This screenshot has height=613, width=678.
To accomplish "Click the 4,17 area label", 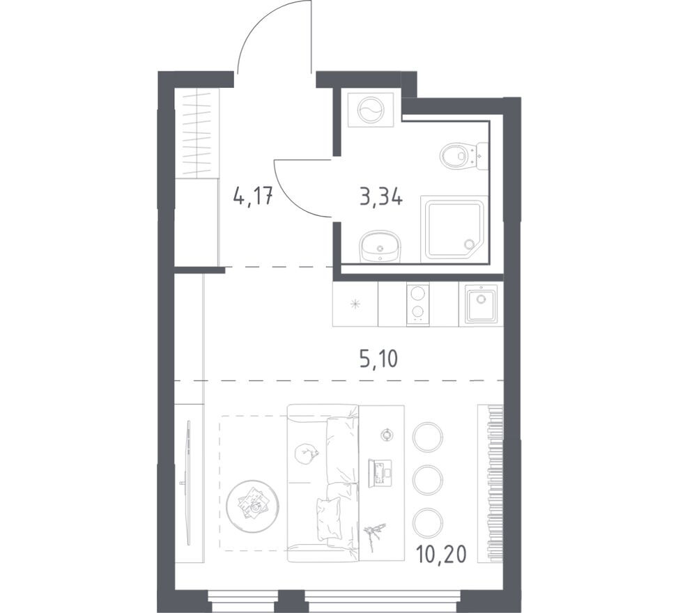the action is point(252,197).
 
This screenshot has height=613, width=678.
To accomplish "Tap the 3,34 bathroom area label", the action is point(381,197).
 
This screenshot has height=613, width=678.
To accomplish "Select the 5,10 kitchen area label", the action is point(378,359).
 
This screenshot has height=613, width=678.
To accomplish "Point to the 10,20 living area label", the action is point(442,554).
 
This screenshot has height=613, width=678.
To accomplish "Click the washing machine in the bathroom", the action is point(371,110).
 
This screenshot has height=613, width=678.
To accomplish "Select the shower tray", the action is point(454,229).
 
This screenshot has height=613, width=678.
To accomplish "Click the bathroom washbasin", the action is point(380,246).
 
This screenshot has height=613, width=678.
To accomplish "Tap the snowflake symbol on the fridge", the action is point(355,304).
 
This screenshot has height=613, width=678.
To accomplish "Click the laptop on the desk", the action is point(380,473).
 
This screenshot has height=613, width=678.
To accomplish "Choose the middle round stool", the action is point(428,479).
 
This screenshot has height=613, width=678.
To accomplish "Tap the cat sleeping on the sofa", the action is point(306,454).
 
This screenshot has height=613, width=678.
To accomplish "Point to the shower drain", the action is point(469,245).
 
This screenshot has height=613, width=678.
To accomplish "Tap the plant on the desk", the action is point(373,535).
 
